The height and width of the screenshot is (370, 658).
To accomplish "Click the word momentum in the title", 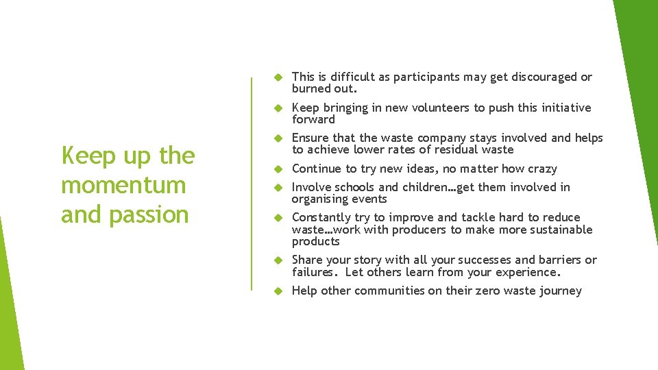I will click(x=123, y=185).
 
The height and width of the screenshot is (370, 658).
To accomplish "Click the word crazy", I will click(x=542, y=169).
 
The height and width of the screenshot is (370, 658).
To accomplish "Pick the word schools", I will click(x=354, y=187).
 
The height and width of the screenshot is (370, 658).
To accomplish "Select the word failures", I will click(x=315, y=272).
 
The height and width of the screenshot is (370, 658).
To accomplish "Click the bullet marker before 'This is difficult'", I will click(x=278, y=77).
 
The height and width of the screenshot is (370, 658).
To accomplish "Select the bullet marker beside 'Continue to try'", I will click(x=278, y=169).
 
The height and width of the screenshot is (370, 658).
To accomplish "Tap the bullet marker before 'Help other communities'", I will click(x=278, y=291).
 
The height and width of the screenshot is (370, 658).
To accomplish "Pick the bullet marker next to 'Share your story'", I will click(x=278, y=260).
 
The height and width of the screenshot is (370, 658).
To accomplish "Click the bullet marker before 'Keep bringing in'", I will click(x=278, y=108).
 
